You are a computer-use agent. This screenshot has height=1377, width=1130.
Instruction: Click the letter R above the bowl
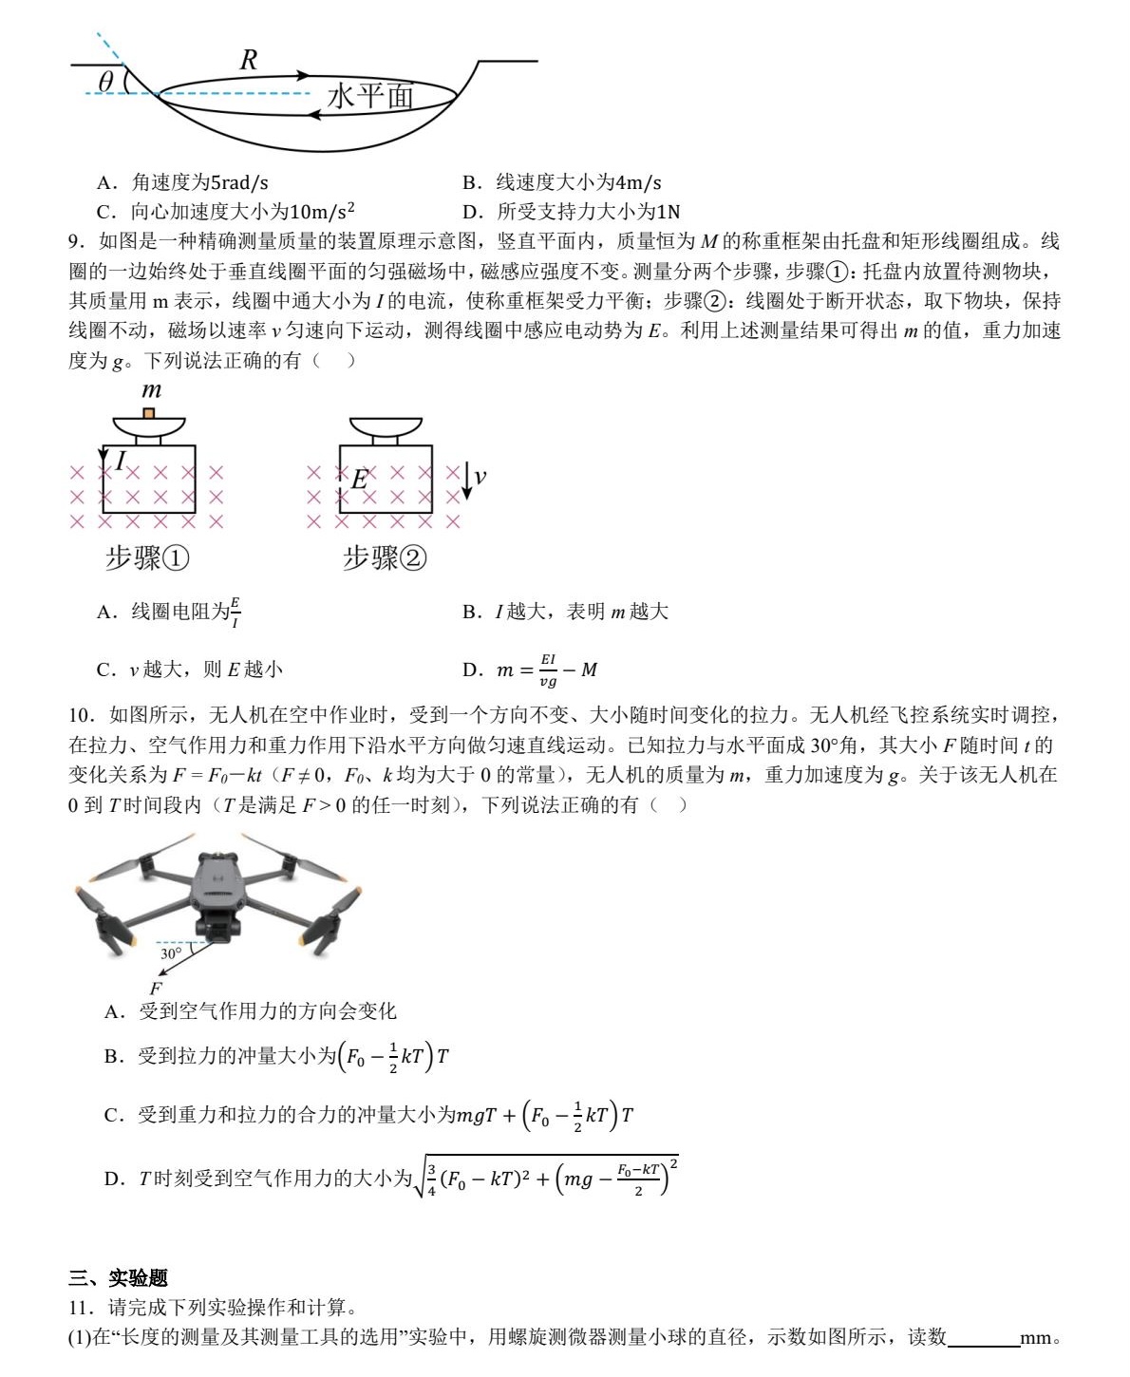(x=249, y=60)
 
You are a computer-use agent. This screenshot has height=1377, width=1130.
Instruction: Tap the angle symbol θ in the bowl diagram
(x=105, y=82)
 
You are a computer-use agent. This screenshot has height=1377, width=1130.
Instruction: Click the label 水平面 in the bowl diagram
(x=370, y=96)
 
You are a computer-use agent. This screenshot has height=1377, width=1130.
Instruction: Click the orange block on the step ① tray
(x=148, y=413)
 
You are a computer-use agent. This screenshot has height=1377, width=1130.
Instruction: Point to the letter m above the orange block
(x=151, y=390)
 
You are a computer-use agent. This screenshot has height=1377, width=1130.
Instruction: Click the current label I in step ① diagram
(x=121, y=461)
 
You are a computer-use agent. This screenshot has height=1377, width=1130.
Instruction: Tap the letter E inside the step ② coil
(x=359, y=480)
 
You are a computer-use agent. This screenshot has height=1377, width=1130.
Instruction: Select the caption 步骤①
(x=147, y=557)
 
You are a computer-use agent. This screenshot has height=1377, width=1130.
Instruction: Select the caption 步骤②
(x=385, y=557)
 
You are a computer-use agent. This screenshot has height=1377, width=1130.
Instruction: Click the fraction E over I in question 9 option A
(x=235, y=613)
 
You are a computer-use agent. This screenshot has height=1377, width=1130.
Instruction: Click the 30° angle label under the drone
(x=171, y=953)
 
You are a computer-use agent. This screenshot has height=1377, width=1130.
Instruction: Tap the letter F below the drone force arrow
(x=157, y=989)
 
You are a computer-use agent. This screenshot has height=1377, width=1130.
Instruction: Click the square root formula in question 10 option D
(x=547, y=1179)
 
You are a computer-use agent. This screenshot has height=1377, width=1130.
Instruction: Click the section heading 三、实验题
(x=118, y=1278)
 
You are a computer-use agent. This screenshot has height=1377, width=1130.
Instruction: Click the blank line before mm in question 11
(x=983, y=1338)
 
